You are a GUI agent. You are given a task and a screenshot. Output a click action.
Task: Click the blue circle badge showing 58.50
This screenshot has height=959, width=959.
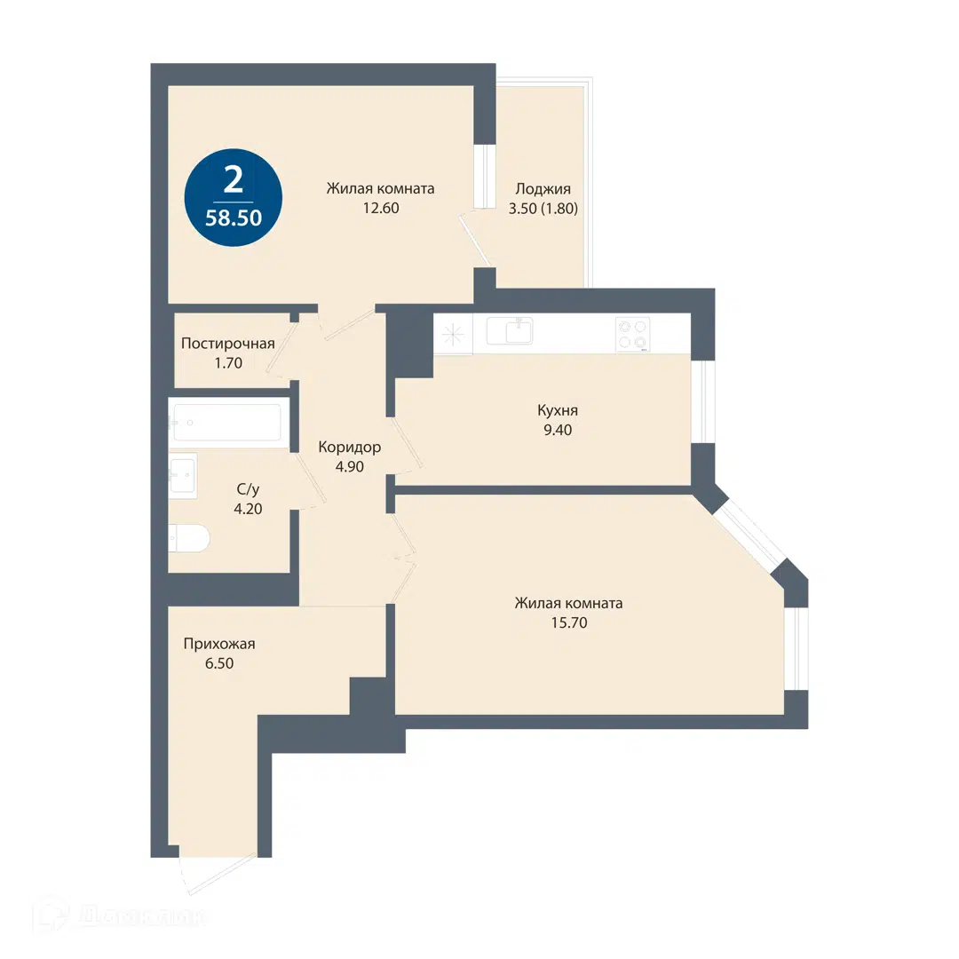[233, 197]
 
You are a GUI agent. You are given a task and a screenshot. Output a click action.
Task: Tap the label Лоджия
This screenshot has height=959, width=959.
[543, 189]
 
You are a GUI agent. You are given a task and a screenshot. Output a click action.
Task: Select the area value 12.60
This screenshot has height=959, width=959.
[380, 208]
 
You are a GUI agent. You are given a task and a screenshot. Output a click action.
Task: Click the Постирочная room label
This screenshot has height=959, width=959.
[227, 343]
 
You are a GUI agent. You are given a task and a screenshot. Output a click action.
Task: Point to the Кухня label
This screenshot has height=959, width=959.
[557, 410]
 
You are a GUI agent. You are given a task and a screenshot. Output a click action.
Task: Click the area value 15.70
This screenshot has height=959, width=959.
[569, 622]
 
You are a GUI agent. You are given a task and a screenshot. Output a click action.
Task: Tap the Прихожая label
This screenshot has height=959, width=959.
[219, 644]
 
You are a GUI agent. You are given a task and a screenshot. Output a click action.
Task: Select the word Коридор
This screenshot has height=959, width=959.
[349, 448]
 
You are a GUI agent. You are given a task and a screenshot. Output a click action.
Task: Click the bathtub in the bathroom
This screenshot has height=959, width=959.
[227, 422]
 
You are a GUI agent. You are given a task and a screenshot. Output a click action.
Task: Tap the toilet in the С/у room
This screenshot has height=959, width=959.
[189, 538]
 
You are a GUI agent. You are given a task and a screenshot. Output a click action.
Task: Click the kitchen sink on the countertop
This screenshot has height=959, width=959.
[510, 331]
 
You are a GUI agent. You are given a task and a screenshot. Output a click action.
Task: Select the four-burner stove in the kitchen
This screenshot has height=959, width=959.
[632, 335]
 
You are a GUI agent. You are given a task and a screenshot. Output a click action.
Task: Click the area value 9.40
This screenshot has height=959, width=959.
[557, 430]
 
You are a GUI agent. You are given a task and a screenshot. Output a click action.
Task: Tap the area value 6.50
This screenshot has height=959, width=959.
[219, 663]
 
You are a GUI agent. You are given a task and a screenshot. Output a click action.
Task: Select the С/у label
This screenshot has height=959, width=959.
[248, 489]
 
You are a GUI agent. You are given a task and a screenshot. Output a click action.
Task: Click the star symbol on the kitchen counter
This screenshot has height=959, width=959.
[453, 334]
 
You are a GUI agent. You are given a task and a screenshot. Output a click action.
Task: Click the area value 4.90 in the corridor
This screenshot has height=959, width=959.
[349, 467]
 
